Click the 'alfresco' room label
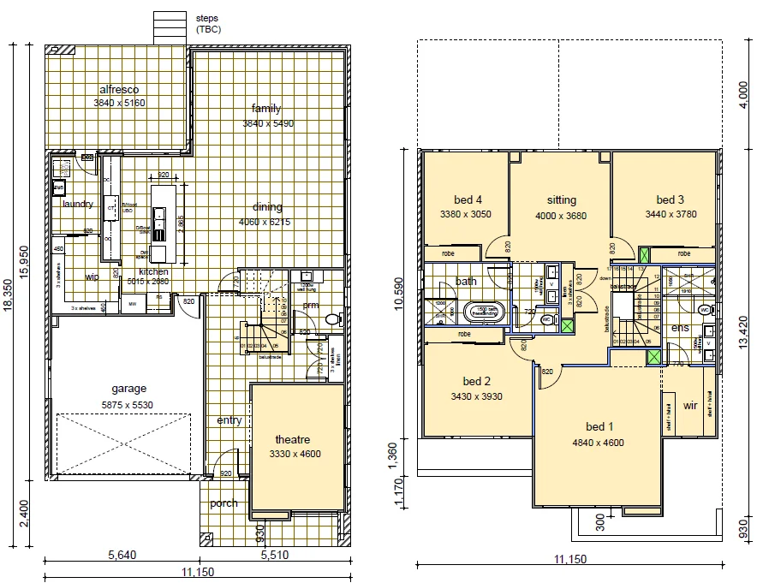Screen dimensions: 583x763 (119, 89)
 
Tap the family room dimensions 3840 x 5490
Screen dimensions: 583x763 (265, 123)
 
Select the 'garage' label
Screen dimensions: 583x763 (128, 388)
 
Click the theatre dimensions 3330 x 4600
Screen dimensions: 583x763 (295, 454)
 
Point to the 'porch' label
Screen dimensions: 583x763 (224, 503)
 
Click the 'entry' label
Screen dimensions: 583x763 (229, 420)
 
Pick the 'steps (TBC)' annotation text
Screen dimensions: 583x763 (208, 23)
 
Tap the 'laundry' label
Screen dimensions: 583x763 (77, 204)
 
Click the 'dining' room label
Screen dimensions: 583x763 (267, 207)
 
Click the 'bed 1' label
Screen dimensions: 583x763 (599, 427)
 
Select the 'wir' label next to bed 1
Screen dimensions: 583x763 (691, 405)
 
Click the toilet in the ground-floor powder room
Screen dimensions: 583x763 (332, 319)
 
